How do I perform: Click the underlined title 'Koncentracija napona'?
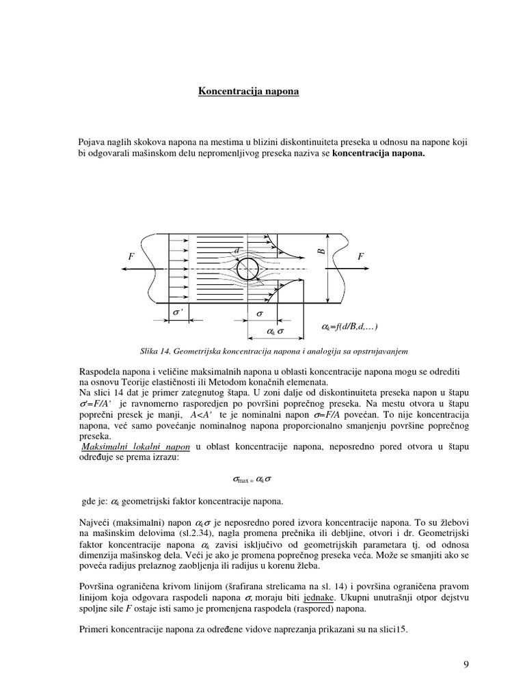click(x=248, y=90)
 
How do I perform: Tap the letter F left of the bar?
click(x=131, y=256)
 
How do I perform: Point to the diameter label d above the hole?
click(x=237, y=251)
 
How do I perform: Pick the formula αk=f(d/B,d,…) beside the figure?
click(x=349, y=327)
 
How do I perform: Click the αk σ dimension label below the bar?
click(x=274, y=332)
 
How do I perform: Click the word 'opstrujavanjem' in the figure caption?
click(x=377, y=351)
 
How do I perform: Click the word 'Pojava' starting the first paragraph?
click(x=93, y=142)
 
